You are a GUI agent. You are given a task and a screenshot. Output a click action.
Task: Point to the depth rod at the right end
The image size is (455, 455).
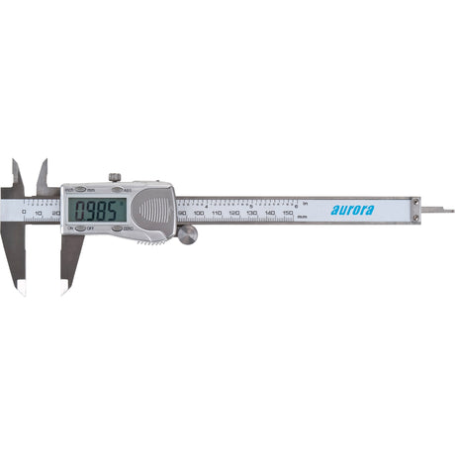point(435,210)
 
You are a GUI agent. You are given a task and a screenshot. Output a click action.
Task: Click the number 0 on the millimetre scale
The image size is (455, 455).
point(22,213)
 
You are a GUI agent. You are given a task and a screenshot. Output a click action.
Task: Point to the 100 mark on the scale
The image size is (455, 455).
point(199,213)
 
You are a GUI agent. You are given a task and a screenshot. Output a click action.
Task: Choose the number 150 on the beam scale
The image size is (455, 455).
point(288,213)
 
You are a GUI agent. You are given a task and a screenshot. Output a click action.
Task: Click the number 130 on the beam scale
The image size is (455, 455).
point(252,213)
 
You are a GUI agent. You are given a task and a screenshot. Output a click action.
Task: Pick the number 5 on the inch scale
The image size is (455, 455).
point(251,203)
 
